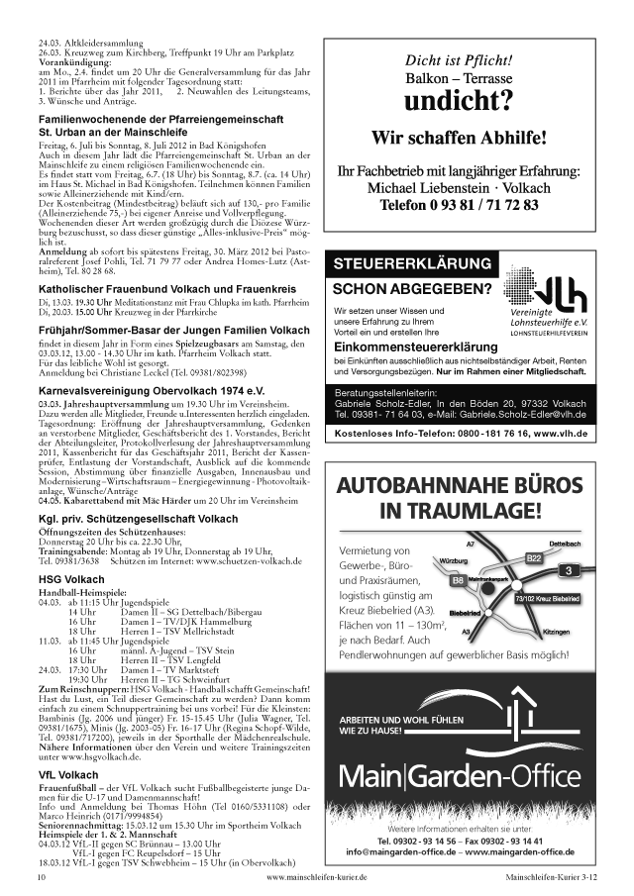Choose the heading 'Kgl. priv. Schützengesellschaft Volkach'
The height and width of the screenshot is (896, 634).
pyautogui.click(x=138, y=519)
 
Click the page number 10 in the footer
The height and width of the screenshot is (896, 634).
pyautogui.click(x=42, y=877)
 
